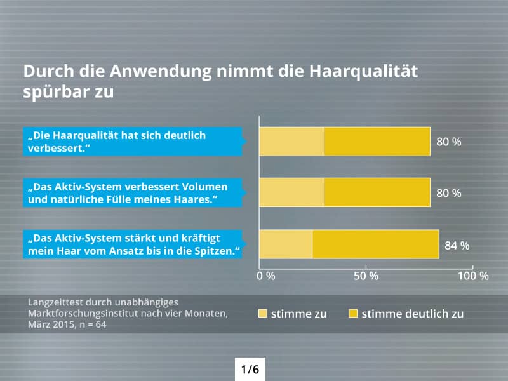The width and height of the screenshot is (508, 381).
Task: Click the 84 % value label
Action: click(457, 245)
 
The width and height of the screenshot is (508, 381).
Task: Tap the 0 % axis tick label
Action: click(266, 276)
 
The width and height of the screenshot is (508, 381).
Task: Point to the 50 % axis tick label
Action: click(365, 276)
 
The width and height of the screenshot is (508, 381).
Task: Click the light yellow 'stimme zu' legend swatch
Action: click(263, 314)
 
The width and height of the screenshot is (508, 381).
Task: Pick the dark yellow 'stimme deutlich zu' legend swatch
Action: click(353, 314)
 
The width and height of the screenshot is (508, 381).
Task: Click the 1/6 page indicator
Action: click(250, 368)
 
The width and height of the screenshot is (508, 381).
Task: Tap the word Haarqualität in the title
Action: click(363, 71)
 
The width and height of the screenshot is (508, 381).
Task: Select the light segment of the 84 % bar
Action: click(286, 244)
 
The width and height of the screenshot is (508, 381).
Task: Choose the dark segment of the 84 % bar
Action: click(375, 244)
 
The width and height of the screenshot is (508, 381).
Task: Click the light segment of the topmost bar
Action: click(291, 141)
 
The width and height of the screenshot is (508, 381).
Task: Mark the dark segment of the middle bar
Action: click(377, 192)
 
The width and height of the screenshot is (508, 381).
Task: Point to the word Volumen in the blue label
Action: click(205, 187)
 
